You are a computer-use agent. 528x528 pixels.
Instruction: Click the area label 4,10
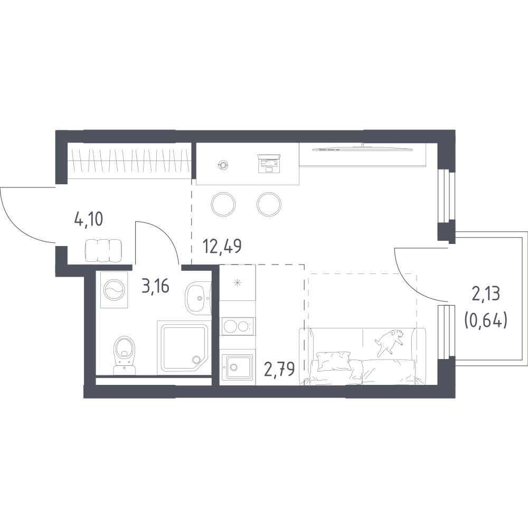(x=88, y=220)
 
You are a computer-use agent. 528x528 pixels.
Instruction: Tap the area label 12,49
(x=222, y=246)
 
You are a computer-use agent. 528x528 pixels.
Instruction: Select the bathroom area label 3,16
(x=156, y=286)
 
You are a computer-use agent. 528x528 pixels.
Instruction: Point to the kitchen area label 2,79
(x=279, y=369)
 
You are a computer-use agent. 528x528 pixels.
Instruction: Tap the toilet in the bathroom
(x=124, y=355)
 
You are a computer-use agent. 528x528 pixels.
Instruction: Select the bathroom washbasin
(x=198, y=298)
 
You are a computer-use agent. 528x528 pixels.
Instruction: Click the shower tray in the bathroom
(x=184, y=348)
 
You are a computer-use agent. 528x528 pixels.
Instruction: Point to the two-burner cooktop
(x=238, y=326)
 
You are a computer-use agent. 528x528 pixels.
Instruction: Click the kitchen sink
(x=237, y=367)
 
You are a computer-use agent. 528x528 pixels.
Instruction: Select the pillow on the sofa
(x=334, y=361)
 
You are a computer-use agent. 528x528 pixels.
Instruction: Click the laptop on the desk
(x=269, y=164)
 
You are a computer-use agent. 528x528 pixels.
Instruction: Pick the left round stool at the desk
(x=223, y=204)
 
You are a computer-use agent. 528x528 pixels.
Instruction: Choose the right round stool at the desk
(x=269, y=204)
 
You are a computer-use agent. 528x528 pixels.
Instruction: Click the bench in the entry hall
(x=103, y=251)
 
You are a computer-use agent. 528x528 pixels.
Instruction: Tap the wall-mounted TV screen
(x=362, y=148)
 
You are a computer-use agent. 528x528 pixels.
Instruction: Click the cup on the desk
(x=223, y=165)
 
